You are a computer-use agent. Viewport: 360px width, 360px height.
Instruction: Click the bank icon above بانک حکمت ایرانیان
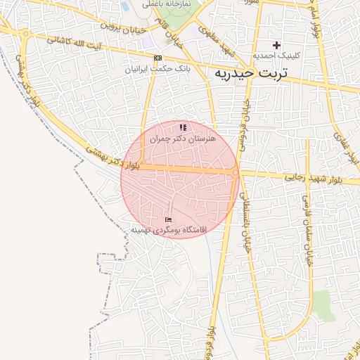(x=157, y=58)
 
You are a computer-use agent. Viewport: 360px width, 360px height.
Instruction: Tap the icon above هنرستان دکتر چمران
(x=183, y=127)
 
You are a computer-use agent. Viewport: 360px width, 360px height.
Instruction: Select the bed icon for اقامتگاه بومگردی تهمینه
(x=168, y=221)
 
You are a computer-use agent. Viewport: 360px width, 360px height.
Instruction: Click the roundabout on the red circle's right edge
(x=236, y=172)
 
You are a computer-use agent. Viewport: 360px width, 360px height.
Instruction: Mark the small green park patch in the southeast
(x=323, y=304)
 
